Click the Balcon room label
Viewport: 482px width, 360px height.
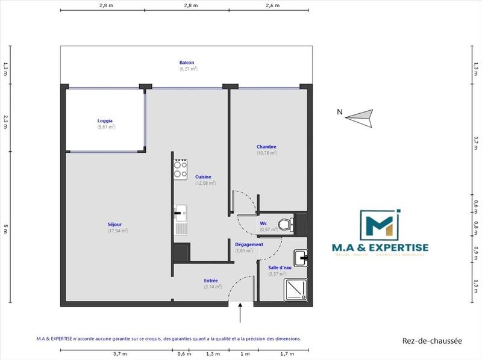click(187, 63)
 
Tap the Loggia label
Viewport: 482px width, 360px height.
click(105, 120)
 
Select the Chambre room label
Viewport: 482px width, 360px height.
click(266, 147)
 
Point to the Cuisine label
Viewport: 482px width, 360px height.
click(203, 176)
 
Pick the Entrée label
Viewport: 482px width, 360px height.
click(211, 281)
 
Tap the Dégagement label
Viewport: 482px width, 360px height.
click(249, 244)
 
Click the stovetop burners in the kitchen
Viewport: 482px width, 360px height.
click(180, 169)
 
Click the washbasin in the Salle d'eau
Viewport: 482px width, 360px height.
click(301, 258)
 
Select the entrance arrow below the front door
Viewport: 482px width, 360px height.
click(241, 313)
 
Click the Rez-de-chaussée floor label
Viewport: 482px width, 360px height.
click(432, 341)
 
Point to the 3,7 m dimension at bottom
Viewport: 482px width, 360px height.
click(117, 354)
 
